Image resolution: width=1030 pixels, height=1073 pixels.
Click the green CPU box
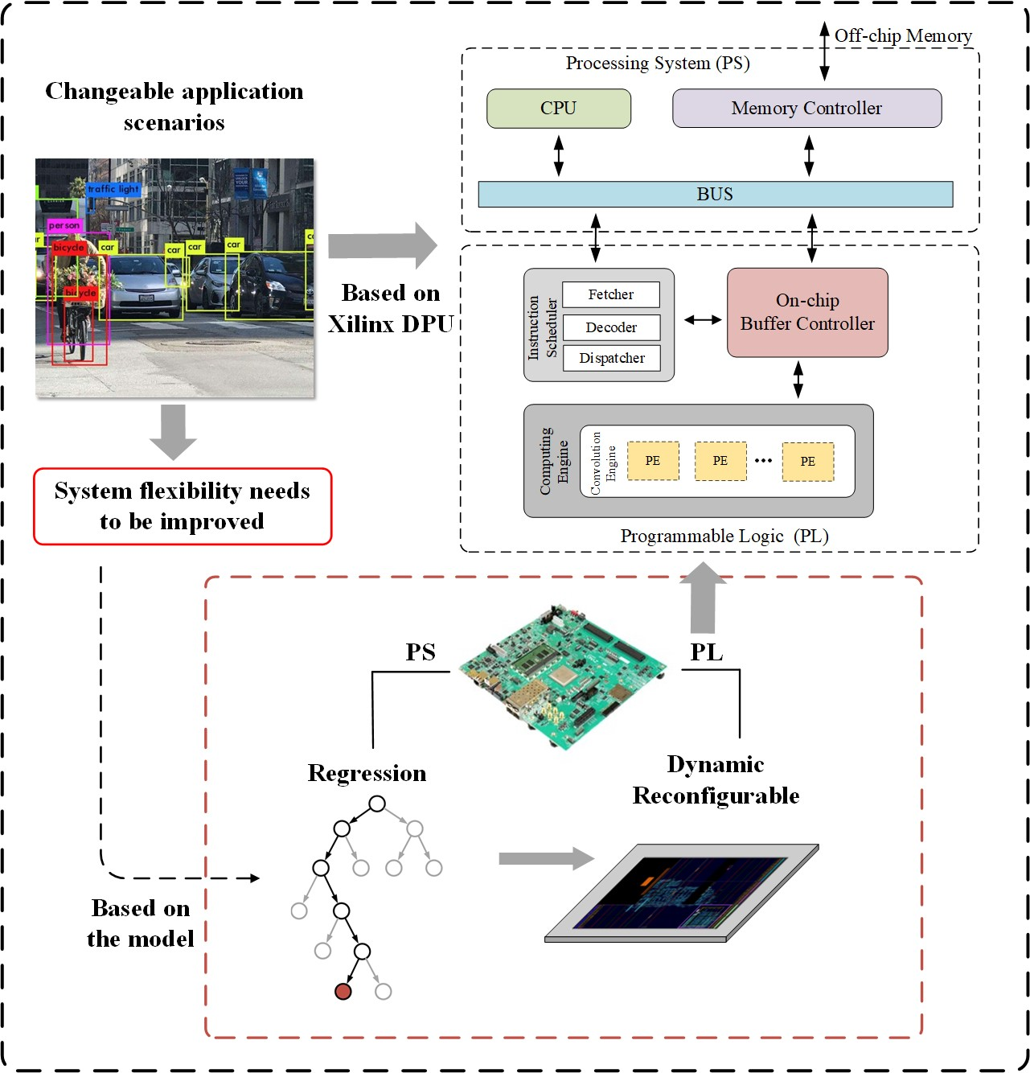tap(558, 109)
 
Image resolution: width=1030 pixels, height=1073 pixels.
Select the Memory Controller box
tap(806, 109)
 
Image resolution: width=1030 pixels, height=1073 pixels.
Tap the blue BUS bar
tap(715, 195)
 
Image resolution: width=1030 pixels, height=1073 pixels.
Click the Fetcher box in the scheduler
tap(610, 294)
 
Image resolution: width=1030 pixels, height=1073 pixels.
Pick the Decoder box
tap(611, 327)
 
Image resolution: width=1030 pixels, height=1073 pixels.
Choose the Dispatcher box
tap(611, 358)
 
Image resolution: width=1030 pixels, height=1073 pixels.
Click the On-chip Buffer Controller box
tap(807, 312)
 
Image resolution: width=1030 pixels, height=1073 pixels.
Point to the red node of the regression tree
tap(343, 991)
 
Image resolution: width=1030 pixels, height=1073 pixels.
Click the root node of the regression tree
tap(377, 804)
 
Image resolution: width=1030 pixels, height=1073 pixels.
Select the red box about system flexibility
tap(183, 506)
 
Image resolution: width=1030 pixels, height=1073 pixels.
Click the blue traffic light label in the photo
tap(113, 189)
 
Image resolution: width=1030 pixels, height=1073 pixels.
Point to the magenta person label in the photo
tap(64, 225)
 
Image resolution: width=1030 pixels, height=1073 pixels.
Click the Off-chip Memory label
tap(902, 36)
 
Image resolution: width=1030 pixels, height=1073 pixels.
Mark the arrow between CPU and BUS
tap(559, 155)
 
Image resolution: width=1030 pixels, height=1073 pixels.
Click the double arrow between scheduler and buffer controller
tap(702, 320)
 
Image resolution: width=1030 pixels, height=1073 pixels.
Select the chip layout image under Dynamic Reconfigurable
tap(682, 893)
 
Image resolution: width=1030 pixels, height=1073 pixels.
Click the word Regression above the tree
tap(367, 773)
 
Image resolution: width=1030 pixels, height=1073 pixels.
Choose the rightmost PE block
tap(807, 461)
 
